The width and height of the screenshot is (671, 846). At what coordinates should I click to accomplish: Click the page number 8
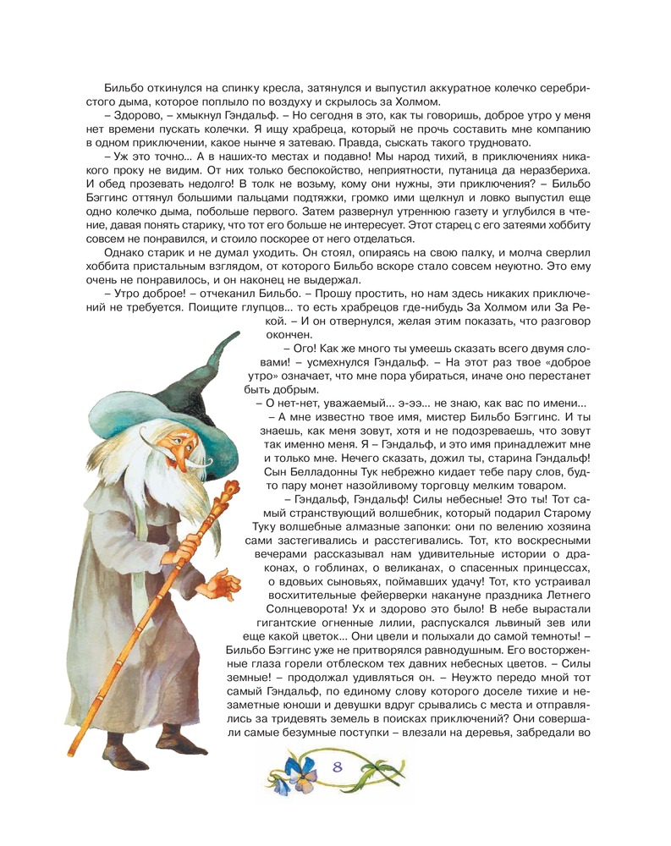(337, 767)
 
